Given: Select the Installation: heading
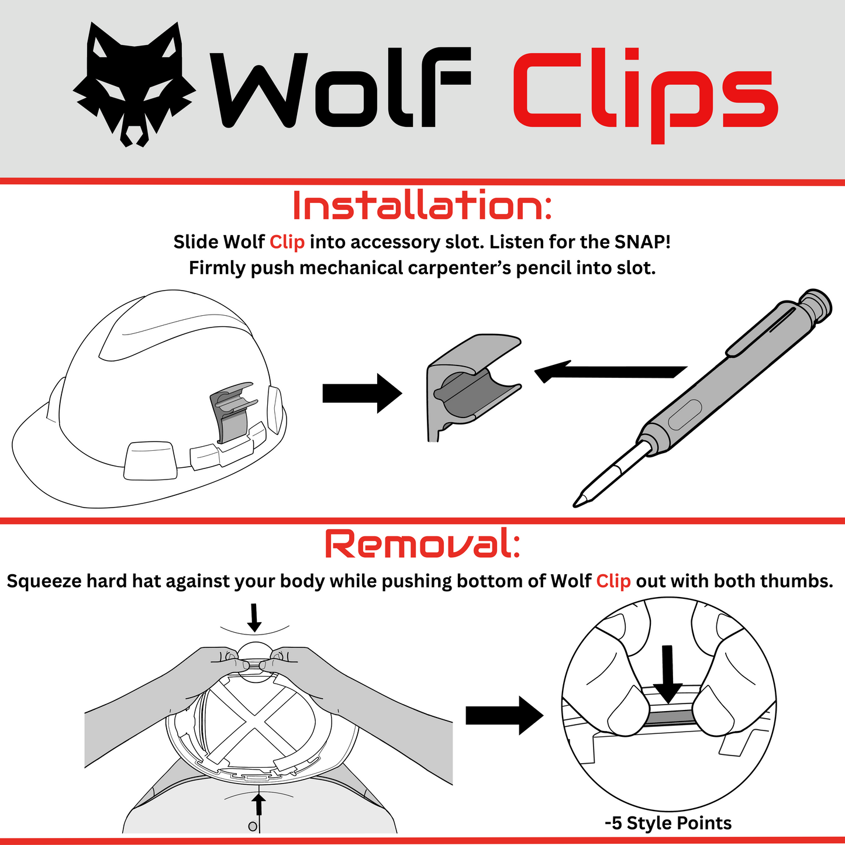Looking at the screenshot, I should coord(422,206).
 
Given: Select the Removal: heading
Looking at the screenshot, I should coord(422,544).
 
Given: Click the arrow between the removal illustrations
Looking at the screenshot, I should coord(503,715).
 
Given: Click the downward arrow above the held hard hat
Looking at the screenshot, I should coord(254,618).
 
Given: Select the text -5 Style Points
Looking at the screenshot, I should coord(668,823).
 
